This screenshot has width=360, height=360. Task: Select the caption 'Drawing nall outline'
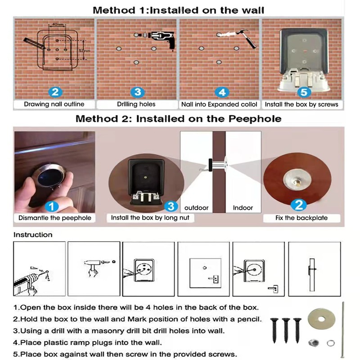click(54, 104)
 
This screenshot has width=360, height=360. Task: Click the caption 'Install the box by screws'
click(301, 104)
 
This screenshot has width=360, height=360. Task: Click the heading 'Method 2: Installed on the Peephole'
click(178, 119)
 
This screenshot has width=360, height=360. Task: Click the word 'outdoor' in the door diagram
click(197, 208)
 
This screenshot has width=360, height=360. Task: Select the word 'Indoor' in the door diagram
click(243, 208)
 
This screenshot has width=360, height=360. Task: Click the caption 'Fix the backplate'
click(301, 218)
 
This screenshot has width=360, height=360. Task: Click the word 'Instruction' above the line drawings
click(33, 235)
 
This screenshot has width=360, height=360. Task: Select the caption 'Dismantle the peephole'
click(54, 218)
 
